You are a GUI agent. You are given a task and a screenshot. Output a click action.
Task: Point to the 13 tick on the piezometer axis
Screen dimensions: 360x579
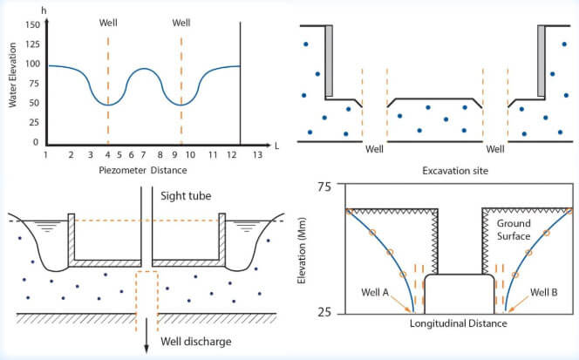coord(256,153)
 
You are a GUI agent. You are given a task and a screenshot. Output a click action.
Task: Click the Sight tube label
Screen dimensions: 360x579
coord(186,196)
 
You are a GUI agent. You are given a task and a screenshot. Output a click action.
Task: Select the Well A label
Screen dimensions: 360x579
coord(373,291)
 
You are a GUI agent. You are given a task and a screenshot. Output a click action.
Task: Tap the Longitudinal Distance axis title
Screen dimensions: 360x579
coord(459,324)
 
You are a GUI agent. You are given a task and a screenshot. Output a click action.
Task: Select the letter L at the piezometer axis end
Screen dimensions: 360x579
coord(275,140)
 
